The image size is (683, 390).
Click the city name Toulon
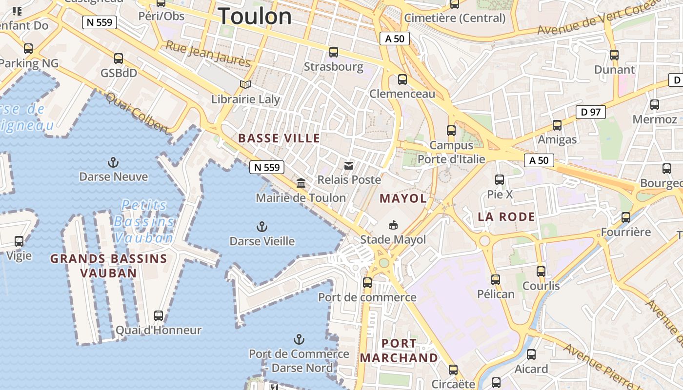255,17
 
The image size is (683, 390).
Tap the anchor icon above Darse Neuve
113,162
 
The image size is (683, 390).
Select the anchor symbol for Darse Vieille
262,227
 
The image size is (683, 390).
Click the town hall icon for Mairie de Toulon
301,183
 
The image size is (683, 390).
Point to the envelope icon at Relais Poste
349,166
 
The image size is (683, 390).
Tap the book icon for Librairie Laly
245,85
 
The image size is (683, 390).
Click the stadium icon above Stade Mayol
393,225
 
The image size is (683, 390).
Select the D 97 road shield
590,112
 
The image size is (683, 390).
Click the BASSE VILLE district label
279,138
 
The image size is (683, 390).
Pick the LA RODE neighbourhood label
506,217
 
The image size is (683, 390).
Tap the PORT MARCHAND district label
399,351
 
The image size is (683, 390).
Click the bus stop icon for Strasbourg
334,52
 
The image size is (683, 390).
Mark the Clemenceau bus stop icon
402,79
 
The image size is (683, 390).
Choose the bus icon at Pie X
500,180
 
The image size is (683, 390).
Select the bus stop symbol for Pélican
496,280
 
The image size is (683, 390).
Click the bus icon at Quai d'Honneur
159,315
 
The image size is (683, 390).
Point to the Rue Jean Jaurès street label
208,54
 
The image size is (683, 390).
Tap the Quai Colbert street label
137,113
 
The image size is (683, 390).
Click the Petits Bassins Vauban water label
144,221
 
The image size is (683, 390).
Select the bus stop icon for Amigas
557,125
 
